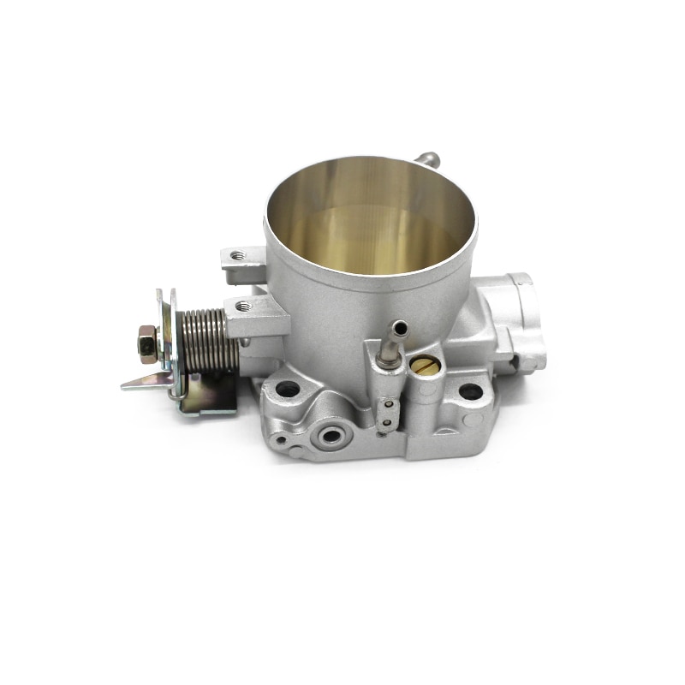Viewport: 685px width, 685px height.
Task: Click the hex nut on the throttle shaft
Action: pyautogui.click(x=146, y=345)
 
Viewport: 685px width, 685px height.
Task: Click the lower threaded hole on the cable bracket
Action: pyautogui.click(x=242, y=306)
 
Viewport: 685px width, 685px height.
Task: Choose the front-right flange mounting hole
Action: pyautogui.click(x=469, y=391)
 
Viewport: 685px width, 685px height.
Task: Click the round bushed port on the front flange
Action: pyautogui.click(x=330, y=435)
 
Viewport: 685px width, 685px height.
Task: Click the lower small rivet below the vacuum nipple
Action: pyautogui.click(x=387, y=420)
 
